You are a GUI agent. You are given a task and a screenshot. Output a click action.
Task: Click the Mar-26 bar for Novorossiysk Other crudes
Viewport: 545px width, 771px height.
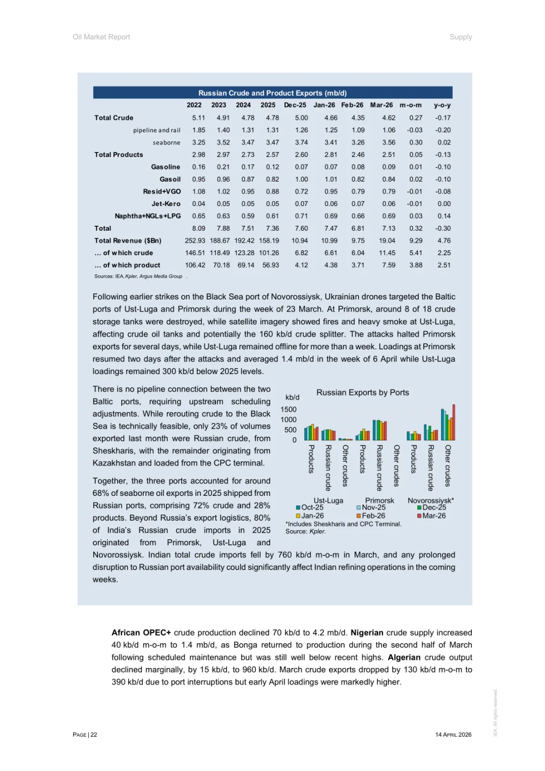click(x=454, y=423)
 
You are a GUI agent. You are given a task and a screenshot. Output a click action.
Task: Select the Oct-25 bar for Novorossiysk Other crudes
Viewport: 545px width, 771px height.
click(x=443, y=425)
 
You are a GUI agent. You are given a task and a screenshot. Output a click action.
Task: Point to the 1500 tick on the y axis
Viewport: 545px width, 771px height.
click(x=289, y=409)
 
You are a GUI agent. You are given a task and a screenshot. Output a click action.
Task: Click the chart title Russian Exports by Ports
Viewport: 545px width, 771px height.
click(x=362, y=392)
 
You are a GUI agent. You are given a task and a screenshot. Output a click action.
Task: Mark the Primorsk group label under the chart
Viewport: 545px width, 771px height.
click(x=379, y=500)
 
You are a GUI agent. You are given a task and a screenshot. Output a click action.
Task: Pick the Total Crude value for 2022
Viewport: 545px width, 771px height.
click(x=198, y=118)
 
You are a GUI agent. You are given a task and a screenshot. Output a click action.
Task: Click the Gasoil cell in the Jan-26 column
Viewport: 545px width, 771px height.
click(x=331, y=179)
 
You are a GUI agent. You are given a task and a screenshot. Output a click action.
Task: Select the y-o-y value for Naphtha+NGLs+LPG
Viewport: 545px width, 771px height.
click(x=444, y=216)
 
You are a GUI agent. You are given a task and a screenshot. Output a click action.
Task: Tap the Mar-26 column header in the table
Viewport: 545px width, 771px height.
click(x=381, y=105)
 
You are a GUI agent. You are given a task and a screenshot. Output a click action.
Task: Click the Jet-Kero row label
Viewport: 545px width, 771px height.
click(x=166, y=204)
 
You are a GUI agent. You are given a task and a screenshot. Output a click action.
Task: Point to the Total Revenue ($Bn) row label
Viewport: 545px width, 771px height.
click(x=128, y=241)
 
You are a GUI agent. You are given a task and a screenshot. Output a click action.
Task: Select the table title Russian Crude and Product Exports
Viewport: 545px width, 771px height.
click(x=272, y=93)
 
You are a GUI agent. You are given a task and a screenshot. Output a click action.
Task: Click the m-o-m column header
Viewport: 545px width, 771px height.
click(x=410, y=105)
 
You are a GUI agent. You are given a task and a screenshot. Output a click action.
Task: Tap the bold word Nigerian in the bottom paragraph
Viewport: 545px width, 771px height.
click(x=367, y=633)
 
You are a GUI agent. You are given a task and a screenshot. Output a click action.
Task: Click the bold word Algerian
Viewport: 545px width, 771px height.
click(x=404, y=657)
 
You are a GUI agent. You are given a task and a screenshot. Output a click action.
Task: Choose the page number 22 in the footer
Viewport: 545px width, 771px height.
click(x=94, y=735)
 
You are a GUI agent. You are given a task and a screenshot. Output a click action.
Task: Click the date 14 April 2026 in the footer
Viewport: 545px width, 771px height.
click(x=453, y=735)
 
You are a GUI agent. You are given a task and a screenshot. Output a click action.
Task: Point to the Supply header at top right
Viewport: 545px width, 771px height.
click(x=461, y=37)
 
